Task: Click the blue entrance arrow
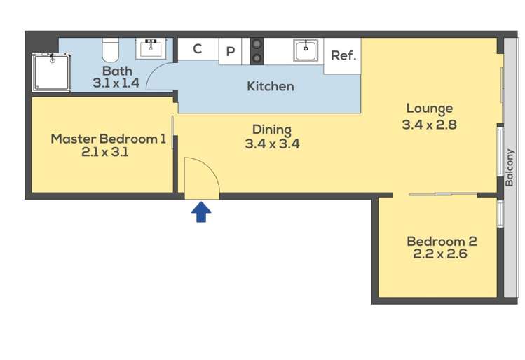tap(201, 212)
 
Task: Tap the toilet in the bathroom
tap(111, 50)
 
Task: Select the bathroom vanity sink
tap(151, 49)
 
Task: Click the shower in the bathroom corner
tap(52, 72)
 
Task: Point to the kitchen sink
tap(306, 50)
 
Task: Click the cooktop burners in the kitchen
tap(257, 51)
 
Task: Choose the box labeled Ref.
tap(342, 56)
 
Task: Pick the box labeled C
tap(198, 49)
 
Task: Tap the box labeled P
tap(230, 51)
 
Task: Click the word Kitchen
tap(271, 86)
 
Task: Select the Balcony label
tap(510, 167)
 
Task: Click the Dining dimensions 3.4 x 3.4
tap(272, 144)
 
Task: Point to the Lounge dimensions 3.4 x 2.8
tap(429, 125)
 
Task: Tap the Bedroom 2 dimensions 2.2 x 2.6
tap(440, 254)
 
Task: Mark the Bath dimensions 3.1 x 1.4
tap(116, 83)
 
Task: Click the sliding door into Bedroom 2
tap(443, 194)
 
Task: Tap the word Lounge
tap(430, 109)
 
